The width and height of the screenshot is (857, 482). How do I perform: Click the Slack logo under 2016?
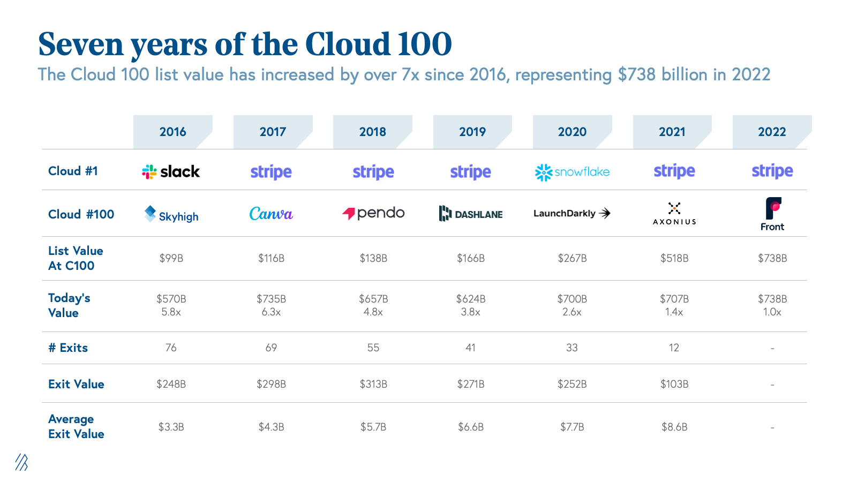click(x=171, y=171)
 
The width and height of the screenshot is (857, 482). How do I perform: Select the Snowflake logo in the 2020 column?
click(x=572, y=172)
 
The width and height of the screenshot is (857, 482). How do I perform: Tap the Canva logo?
click(x=271, y=214)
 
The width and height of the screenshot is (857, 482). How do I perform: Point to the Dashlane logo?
click(x=471, y=214)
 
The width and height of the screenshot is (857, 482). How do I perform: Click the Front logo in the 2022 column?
click(x=772, y=214)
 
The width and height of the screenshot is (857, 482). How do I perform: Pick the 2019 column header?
click(x=472, y=132)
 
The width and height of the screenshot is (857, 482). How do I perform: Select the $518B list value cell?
click(x=674, y=258)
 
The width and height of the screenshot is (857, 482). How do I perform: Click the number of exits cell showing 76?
click(x=171, y=348)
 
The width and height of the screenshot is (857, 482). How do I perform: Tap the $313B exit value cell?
click(x=373, y=384)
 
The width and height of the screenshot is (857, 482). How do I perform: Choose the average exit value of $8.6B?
click(x=674, y=427)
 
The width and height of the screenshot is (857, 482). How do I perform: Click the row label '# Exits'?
click(x=68, y=348)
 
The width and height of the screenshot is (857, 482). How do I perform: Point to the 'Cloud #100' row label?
click(x=81, y=214)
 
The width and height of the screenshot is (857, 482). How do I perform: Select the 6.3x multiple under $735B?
click(x=271, y=312)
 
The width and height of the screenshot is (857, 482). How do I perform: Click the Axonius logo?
click(x=674, y=214)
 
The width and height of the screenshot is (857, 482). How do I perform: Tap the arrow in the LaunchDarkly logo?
click(x=605, y=213)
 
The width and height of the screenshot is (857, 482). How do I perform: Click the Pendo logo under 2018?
click(x=373, y=213)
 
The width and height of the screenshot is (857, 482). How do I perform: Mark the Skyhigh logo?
click(x=171, y=214)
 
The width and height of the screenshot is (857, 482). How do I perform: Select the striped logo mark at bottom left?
click(x=21, y=462)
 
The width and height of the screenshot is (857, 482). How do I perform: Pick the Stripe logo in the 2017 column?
click(x=271, y=172)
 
